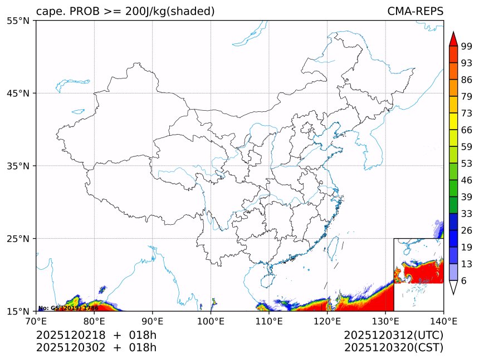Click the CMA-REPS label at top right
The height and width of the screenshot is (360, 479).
[415, 11]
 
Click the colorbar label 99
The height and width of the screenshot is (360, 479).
[467, 47]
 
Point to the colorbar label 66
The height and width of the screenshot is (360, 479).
[467, 130]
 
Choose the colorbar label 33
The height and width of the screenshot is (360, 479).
[467, 214]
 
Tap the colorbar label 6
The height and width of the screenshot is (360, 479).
[465, 281]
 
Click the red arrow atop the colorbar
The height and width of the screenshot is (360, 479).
[453, 39]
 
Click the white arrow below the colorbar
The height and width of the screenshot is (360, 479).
[453, 287]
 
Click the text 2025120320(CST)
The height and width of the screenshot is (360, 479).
[393, 348]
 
